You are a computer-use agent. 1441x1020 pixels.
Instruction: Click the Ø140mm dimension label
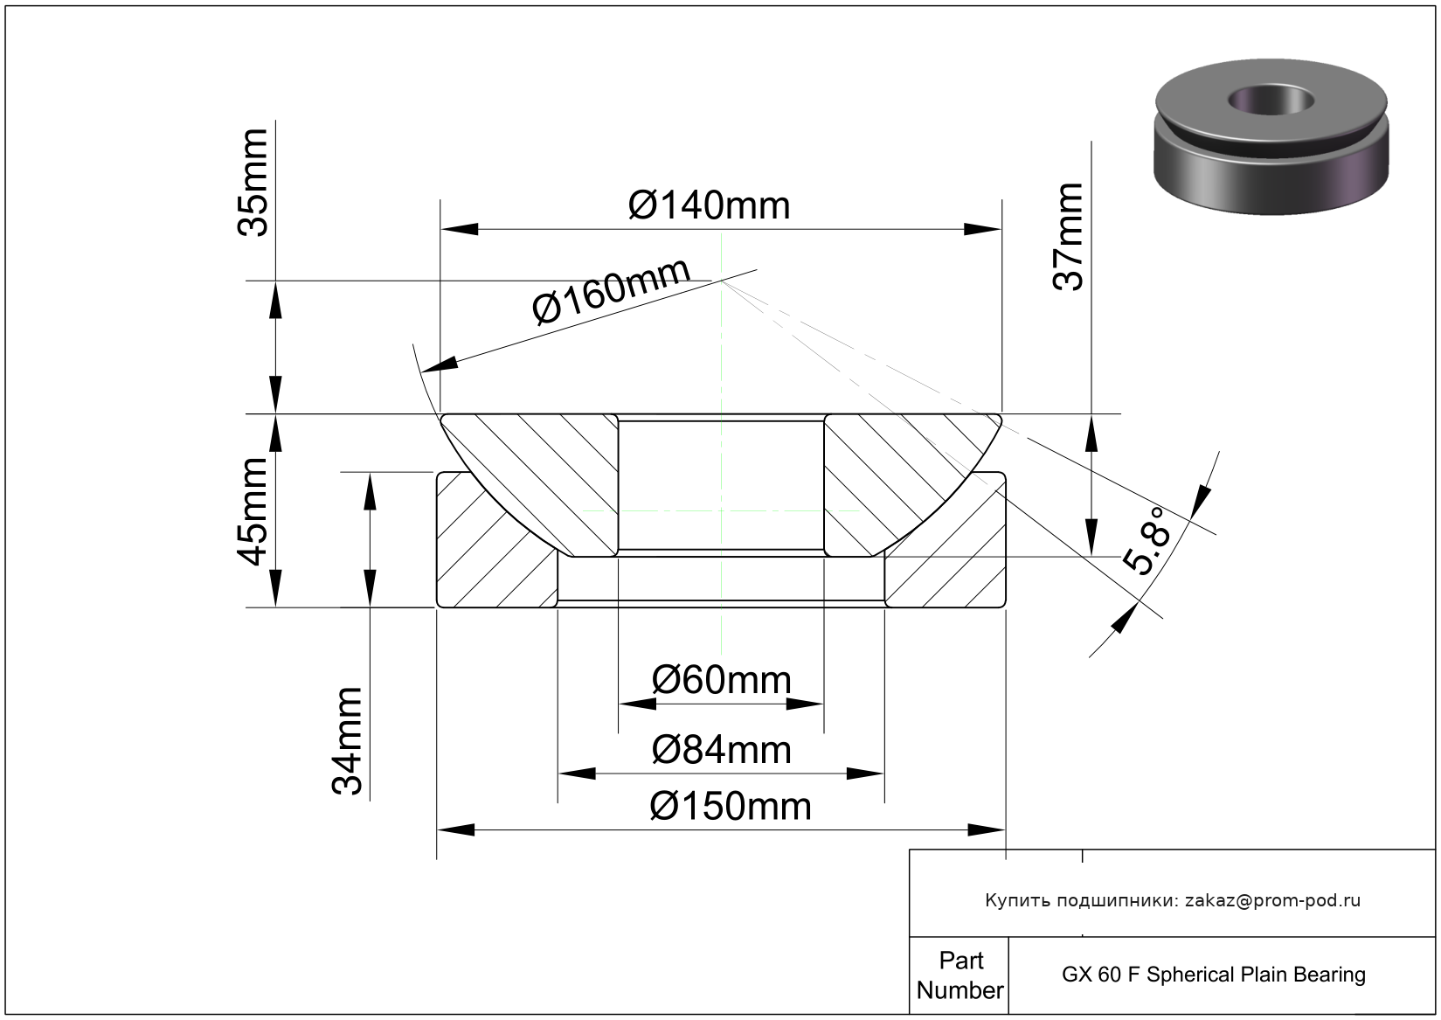(709, 205)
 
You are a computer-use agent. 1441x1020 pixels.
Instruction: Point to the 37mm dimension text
(1068, 236)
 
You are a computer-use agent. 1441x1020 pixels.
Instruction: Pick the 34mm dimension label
(347, 740)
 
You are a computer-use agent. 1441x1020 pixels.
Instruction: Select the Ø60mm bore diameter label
(721, 680)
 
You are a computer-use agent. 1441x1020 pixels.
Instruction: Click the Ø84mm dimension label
(721, 750)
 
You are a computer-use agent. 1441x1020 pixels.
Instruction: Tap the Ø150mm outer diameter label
(730, 806)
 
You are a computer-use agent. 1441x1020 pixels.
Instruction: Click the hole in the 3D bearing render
(1271, 100)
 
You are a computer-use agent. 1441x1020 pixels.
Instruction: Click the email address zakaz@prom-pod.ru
(1272, 900)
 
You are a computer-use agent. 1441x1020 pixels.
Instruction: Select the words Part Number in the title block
(960, 975)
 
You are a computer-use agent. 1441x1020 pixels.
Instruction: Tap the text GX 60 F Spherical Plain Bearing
(1213, 975)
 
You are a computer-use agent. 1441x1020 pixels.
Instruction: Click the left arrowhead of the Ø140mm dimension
(459, 230)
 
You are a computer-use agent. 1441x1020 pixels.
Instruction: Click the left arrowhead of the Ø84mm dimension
(577, 774)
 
